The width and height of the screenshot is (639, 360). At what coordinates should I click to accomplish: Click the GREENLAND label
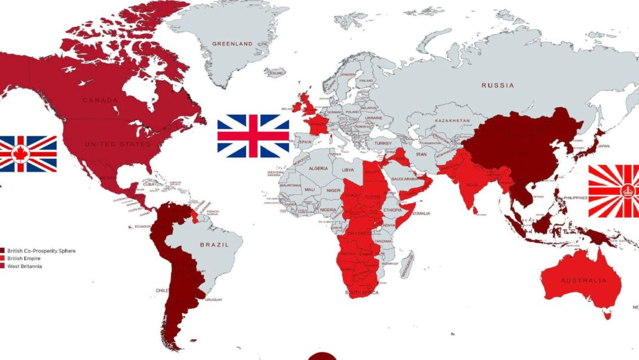click(232, 44)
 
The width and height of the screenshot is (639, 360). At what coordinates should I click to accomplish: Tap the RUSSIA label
click(497, 86)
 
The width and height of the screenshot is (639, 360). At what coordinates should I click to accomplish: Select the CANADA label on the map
click(100, 100)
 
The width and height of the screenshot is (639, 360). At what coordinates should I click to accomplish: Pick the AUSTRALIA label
click(583, 280)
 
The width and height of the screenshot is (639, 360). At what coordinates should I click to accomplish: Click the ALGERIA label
click(318, 169)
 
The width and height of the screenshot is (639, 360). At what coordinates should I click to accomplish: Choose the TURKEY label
click(383, 144)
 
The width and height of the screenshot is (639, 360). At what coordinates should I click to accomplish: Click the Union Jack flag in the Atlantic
click(253, 136)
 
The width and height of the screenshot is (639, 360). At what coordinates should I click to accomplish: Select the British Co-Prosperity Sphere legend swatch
click(2, 251)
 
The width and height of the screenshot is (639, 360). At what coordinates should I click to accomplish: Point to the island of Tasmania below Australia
click(608, 313)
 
